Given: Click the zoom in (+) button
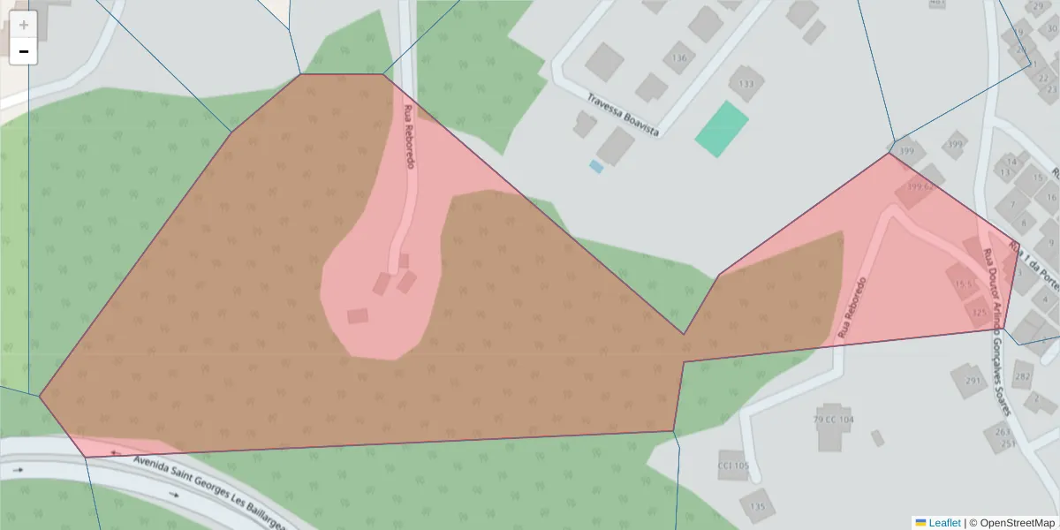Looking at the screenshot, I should pos(24,25).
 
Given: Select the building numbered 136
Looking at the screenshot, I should pos(678,58).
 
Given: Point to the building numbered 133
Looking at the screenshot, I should pos(746,84).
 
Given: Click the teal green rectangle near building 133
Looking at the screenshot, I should pos(722,129).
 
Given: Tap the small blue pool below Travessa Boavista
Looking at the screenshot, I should pos(596,166).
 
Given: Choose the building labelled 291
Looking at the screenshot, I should pos(972,381).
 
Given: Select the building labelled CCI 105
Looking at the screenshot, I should pos(732,466).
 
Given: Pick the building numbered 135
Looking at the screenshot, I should pos(757,505).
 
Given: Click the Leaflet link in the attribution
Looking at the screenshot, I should pos(944,523).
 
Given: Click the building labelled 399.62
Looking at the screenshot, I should pos(919,188).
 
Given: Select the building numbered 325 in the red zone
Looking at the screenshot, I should pos(978,311).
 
